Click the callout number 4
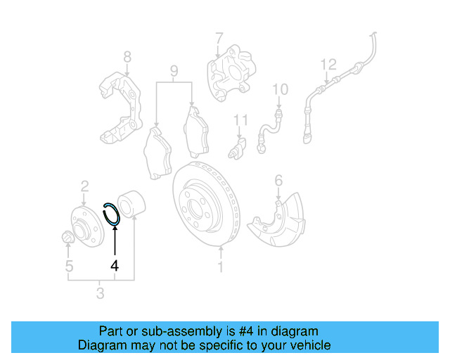114,266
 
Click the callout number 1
220,267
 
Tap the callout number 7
219,37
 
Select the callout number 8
127,56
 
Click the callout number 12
328,65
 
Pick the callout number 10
280,89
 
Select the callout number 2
84,186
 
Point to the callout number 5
69,266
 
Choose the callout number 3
101,292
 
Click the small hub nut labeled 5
68,239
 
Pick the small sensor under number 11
240,148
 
